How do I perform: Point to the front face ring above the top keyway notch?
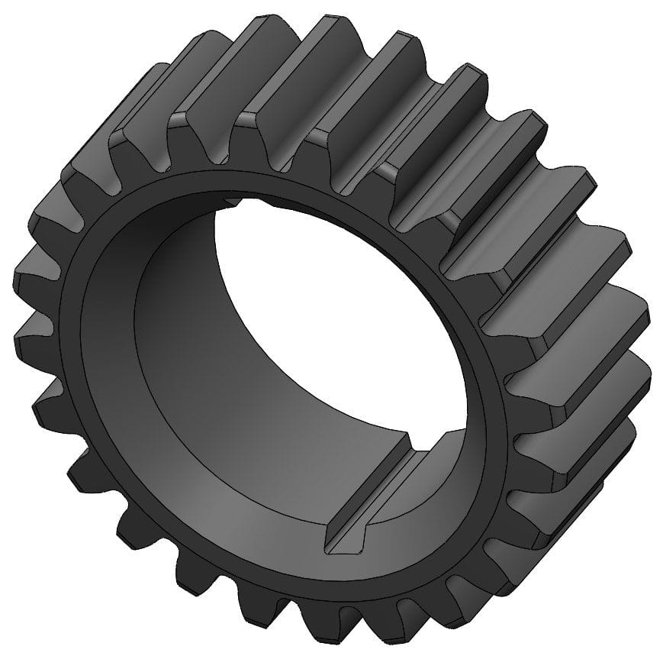tap(229, 183)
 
